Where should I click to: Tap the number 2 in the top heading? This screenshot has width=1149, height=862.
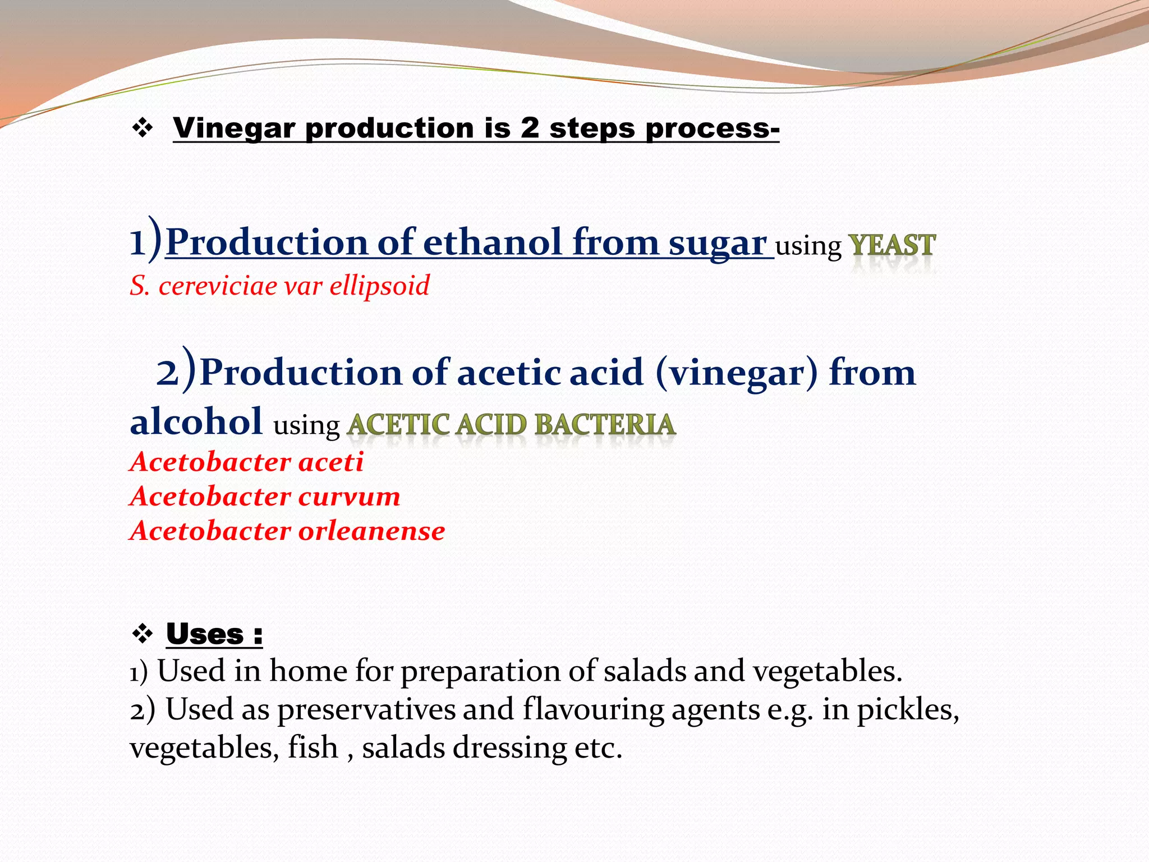click(x=529, y=128)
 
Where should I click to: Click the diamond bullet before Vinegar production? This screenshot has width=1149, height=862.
click(x=143, y=129)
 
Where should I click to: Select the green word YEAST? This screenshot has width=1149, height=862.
click(x=891, y=246)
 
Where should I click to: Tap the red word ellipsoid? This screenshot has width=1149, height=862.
click(x=379, y=286)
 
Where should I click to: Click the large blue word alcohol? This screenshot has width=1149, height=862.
click(x=196, y=421)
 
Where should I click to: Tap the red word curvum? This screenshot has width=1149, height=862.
click(x=349, y=497)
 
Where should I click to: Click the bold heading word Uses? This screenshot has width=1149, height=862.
click(x=205, y=635)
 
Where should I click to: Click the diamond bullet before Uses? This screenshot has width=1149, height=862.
click(x=143, y=635)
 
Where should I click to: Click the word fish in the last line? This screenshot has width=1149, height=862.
click(x=312, y=748)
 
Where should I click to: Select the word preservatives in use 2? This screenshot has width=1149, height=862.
click(x=366, y=710)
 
